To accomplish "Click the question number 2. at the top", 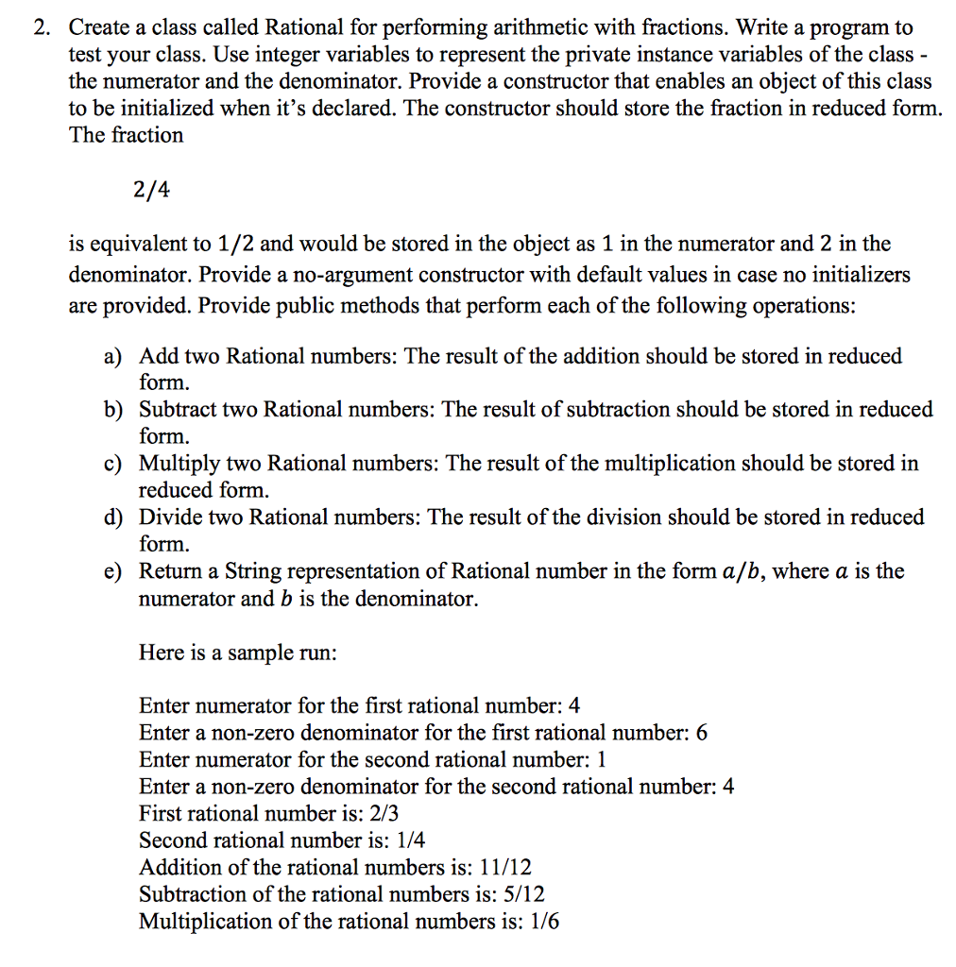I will tap(41, 28).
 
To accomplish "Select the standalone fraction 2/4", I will tap(152, 190).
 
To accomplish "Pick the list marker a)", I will tap(113, 357).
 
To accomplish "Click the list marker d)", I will tap(113, 517).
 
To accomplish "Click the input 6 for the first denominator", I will tap(701, 733).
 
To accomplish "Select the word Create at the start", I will tap(99, 28).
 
